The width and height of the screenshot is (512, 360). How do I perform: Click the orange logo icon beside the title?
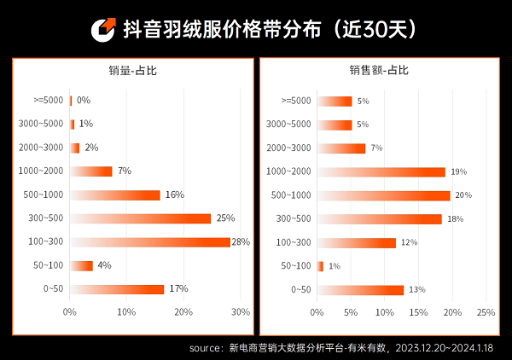tap(104, 29)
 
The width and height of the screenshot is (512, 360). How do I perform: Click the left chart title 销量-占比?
tap(132, 71)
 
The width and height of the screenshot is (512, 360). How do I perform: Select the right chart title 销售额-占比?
tap(378, 71)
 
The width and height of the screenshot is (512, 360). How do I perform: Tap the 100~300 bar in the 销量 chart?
tap(150, 242)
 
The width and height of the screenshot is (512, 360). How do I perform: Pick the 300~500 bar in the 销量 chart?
tap(140, 218)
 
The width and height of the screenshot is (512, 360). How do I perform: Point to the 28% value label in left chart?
tap(240, 242)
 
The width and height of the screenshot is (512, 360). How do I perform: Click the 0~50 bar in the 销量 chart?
tap(117, 289)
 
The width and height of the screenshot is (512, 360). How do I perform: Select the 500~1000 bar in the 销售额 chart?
tap(384, 195)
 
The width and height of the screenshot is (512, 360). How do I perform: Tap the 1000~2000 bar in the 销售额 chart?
tap(381, 171)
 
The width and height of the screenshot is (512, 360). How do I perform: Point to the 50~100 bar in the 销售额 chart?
tap(320, 266)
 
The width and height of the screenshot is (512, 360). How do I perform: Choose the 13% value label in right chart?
tap(416, 290)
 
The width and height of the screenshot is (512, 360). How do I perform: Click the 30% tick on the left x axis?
tap(241, 312)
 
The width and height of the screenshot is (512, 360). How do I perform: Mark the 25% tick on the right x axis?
tap(485, 312)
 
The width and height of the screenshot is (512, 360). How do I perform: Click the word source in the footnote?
tap(206, 348)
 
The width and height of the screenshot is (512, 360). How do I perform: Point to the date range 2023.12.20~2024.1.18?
tap(446, 348)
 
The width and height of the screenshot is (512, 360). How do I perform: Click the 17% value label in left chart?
tap(177, 289)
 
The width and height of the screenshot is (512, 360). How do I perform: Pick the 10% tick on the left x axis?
tap(126, 312)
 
